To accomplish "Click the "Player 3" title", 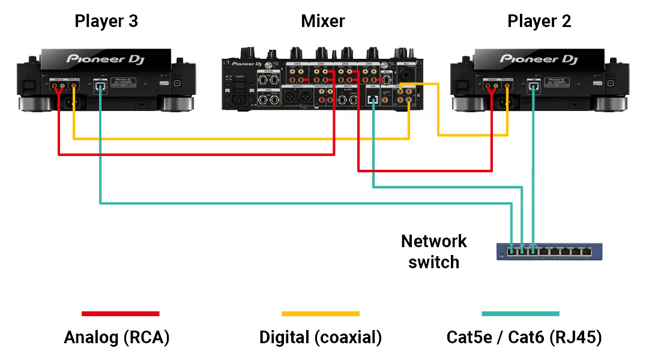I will tap(106, 22).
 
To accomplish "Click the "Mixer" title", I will tap(323, 22).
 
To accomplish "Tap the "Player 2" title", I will tap(539, 22).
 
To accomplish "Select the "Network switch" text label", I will tap(433, 251).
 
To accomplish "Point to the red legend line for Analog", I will tap(120, 313).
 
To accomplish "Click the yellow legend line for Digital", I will tap(320, 313).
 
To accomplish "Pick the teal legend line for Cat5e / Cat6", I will tap(520, 313).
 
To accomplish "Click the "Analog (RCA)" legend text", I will tap(116, 337).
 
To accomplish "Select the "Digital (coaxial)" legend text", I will tap(320, 337).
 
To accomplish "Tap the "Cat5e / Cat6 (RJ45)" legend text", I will tap(524, 337).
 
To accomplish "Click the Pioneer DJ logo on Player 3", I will tap(105, 59).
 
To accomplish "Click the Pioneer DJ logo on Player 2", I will tap(539, 59).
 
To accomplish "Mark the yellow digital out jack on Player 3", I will tap(74, 86).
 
